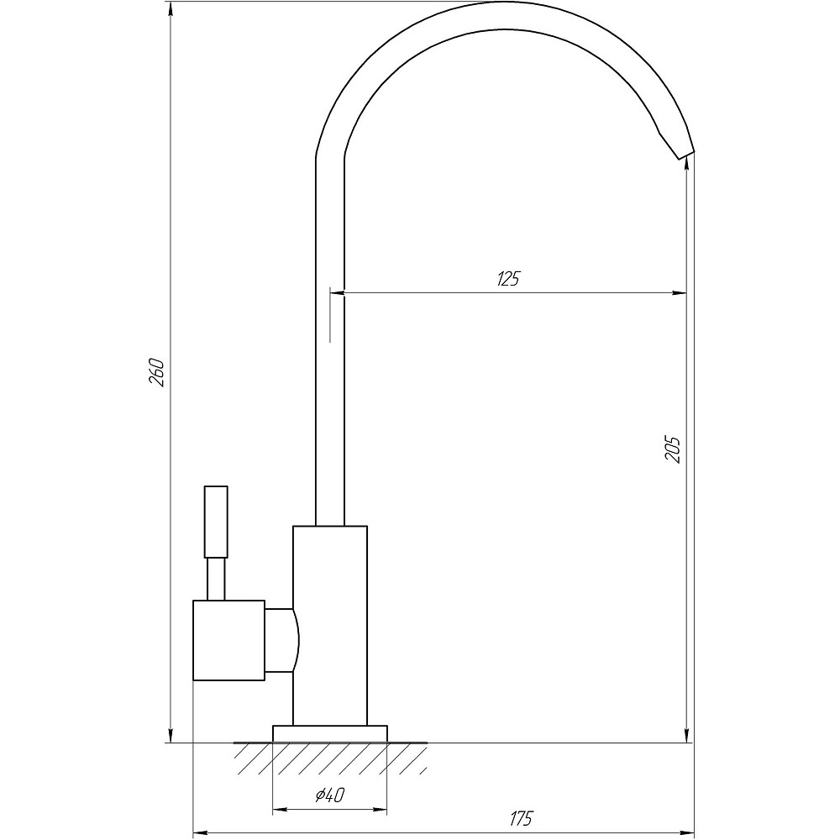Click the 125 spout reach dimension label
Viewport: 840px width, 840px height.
pos(507,280)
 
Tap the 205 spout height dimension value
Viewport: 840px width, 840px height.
pos(672,449)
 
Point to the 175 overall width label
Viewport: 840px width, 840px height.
pos(520,818)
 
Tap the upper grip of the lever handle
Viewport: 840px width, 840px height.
pos(217,521)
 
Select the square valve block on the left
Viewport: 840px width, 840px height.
pos(228,640)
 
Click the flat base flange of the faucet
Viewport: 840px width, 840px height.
pos(329,733)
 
